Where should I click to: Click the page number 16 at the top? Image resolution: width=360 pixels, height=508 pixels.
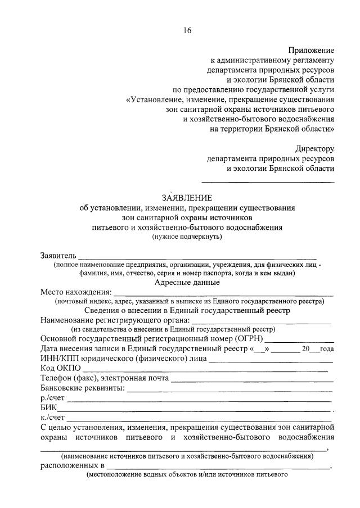coord(187,30)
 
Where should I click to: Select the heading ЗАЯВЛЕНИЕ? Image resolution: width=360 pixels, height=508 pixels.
coord(187,197)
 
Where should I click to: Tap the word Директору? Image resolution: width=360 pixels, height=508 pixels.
coord(314,149)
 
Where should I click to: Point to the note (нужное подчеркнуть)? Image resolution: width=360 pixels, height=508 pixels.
coord(187,237)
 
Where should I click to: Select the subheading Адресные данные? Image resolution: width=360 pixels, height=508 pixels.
coord(187,283)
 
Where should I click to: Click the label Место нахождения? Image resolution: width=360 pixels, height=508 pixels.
coord(76,292)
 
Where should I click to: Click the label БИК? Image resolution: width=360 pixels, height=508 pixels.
coord(48,408)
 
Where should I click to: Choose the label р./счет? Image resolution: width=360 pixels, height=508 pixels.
coord(53,398)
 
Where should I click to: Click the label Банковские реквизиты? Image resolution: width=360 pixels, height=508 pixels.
coord(83,388)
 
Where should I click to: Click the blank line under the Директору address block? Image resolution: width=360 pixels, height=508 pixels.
coord(268,182)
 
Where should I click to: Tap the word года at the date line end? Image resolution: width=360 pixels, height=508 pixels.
coord(327,349)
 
